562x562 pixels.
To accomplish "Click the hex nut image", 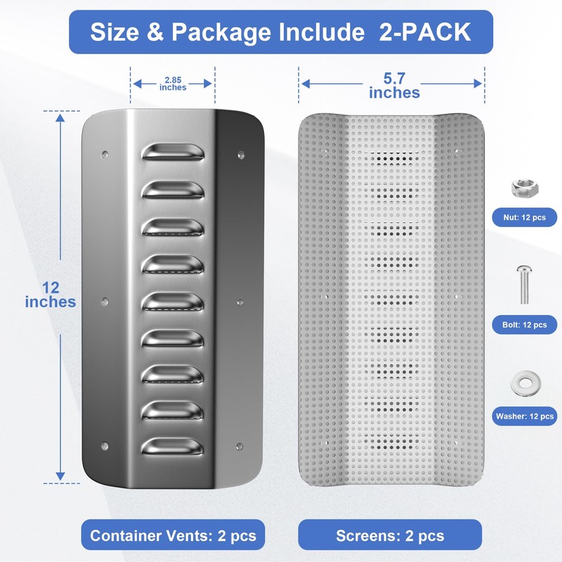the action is point(524,188).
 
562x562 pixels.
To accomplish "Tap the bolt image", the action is point(524,285).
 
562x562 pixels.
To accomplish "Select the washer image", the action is point(525,384).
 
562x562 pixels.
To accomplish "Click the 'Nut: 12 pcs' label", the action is point(524,218).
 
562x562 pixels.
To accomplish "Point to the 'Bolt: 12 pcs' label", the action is point(524,325).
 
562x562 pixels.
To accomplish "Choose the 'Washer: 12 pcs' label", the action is point(524,416).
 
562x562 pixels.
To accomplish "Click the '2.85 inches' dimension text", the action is point(173,84).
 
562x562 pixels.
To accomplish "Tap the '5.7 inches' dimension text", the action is point(394,86).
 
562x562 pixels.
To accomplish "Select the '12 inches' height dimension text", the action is point(50,295).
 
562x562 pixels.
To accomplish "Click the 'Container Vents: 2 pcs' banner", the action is point(173,535).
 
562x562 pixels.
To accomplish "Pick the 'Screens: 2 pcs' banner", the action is point(390,535).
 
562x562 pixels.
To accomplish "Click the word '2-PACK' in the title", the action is point(425,32).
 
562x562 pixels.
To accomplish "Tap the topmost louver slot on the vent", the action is point(173,152).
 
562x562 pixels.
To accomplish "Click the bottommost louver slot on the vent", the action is point(172,447).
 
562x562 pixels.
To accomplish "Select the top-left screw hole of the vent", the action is point(105,155).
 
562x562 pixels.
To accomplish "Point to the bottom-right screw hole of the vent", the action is point(240,447).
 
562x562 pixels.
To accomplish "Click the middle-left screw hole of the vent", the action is point(105,301).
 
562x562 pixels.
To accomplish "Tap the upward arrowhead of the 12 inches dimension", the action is point(60,117).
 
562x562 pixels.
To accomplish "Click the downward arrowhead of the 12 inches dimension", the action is point(60,476).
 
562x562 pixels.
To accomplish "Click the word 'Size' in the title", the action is point(115,32).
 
